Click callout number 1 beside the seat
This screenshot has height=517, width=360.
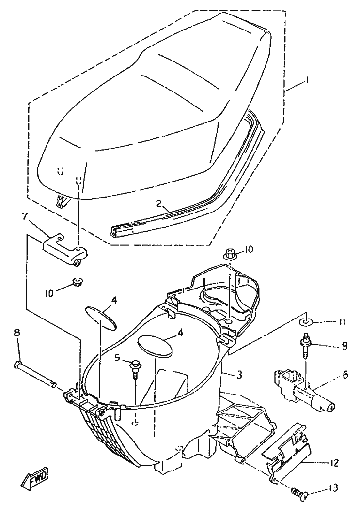click(308, 80)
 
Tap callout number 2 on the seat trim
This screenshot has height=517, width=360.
click(160, 204)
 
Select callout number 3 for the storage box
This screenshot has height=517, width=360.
click(240, 375)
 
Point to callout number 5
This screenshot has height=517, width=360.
click(117, 357)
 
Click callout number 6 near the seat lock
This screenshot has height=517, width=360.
click(345, 375)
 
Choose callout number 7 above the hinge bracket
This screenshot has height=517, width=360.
click(24, 216)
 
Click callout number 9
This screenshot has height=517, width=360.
click(344, 346)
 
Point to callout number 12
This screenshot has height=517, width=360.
click(334, 463)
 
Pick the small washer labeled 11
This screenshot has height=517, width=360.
click(306, 321)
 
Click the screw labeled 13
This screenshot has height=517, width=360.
click(300, 494)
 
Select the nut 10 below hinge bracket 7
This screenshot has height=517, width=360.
click(77, 283)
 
